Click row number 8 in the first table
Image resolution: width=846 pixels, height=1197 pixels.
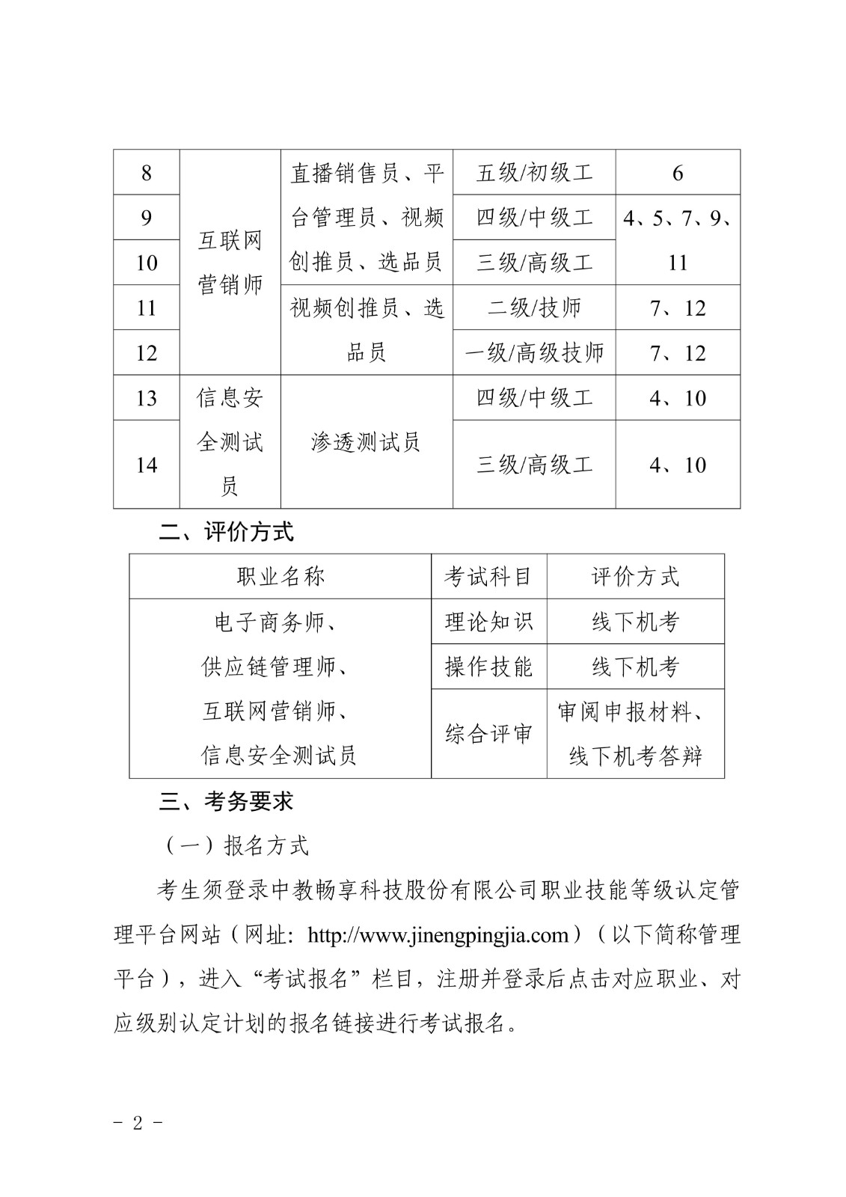point(146,173)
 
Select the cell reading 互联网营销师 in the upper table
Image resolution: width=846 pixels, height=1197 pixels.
point(230,262)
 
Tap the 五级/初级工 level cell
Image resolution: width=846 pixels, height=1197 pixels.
point(534,173)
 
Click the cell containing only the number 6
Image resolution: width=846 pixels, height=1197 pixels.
point(678,173)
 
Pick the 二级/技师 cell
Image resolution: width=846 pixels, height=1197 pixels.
point(534,307)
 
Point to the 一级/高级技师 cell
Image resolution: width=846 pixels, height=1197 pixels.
point(534,352)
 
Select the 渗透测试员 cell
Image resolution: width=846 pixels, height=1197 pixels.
point(366,442)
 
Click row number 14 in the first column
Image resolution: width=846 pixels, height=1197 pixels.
point(146,465)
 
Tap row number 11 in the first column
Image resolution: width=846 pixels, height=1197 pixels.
point(146,307)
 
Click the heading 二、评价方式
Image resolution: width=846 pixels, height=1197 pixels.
point(227,532)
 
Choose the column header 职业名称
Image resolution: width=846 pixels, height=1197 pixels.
point(280,577)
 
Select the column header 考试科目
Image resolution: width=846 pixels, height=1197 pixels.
point(488,577)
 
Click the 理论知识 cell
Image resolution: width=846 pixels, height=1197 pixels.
point(488,622)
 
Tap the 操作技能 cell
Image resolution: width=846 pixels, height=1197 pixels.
point(488,667)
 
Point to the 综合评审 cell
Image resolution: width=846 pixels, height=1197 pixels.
point(488,734)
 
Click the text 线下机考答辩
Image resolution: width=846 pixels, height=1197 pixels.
point(635,756)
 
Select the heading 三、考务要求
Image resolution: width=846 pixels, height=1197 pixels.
point(227,801)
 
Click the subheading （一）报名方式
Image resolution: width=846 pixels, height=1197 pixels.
point(234,845)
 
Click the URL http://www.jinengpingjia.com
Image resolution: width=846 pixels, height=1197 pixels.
point(439,935)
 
